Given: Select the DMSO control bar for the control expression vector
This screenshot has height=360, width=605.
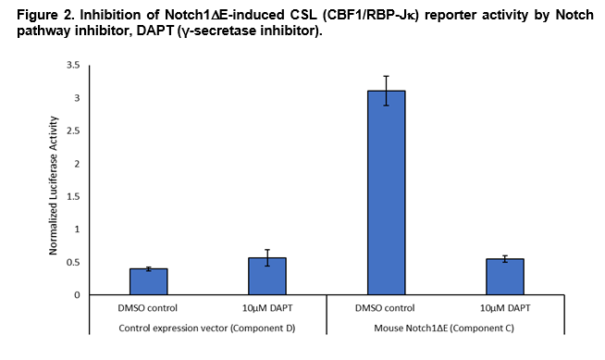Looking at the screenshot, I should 148,281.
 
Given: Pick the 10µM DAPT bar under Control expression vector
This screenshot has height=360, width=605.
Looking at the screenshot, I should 267,276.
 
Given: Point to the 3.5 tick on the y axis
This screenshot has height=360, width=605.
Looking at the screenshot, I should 72,66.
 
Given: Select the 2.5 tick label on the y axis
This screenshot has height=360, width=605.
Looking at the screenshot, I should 72,131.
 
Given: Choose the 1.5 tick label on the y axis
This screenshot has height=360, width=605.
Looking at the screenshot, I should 72,197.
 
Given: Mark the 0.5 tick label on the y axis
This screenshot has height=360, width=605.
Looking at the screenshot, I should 72,262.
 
